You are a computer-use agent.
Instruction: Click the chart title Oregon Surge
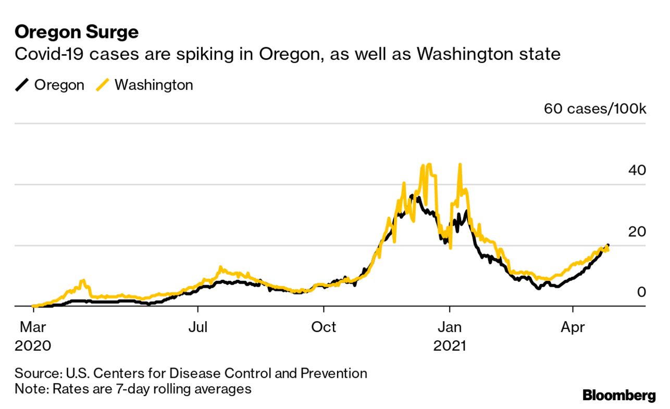coord(77,32)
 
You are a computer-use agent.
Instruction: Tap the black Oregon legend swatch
coord(22,85)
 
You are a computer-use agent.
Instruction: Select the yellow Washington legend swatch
coord(103,85)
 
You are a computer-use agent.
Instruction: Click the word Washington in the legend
coord(154,85)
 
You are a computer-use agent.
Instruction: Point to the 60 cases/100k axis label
coord(594,109)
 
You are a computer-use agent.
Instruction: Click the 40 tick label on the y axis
coord(637,170)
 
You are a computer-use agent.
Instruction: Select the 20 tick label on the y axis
coord(637,232)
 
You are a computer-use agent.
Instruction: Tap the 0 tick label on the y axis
coord(641,292)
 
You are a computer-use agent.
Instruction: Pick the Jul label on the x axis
coord(198,327)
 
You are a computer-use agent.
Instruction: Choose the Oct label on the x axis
coord(324,327)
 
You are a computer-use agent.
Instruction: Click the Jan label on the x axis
coord(449,327)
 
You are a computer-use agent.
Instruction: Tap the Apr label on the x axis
coord(573,327)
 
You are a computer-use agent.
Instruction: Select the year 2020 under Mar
coord(33,345)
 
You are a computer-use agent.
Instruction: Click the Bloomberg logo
coord(619,395)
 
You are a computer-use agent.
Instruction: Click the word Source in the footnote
coord(36,373)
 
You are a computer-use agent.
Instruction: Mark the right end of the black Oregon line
coord(608,246)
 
